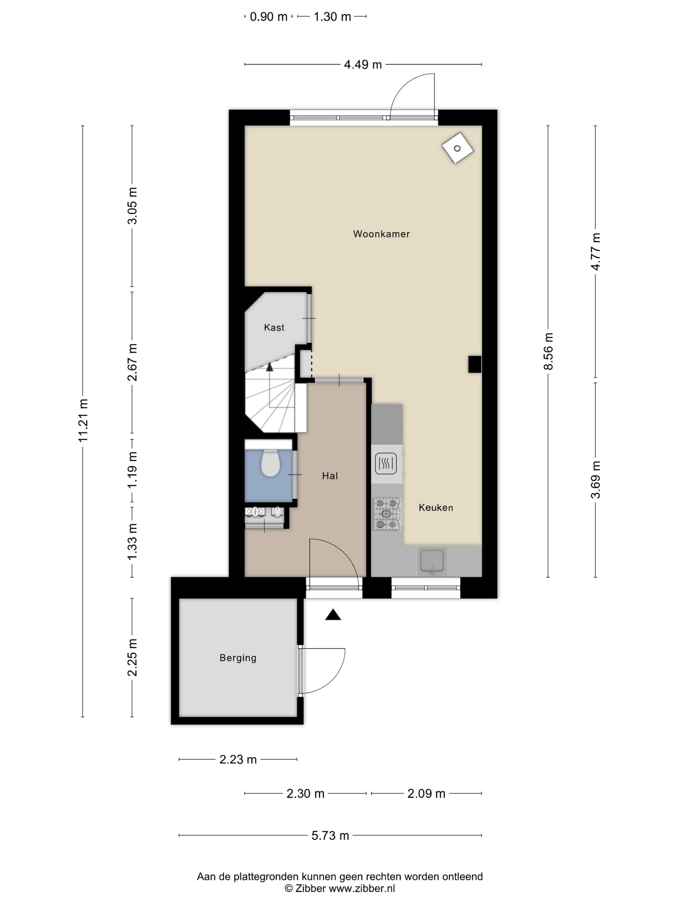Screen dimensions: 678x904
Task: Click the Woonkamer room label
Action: point(381,234)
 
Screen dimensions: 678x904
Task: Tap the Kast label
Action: point(274,327)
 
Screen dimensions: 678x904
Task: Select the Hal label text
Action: point(330,476)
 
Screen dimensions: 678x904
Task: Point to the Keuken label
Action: point(436,508)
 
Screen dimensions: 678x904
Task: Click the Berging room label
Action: point(238,658)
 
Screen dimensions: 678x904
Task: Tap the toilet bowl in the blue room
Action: point(270,463)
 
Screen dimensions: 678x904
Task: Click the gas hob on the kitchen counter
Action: point(386,514)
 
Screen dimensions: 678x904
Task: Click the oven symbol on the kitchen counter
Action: point(386,463)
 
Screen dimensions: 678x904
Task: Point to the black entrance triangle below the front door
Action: point(333,615)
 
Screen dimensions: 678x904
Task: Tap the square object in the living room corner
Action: point(457,148)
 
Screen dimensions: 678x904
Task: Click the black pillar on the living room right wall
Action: point(475,364)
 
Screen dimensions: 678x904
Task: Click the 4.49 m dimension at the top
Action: point(363,65)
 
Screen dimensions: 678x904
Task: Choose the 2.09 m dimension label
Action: point(426,793)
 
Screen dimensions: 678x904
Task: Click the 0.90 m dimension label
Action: point(269,17)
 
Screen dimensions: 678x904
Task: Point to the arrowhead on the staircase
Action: point(269,366)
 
